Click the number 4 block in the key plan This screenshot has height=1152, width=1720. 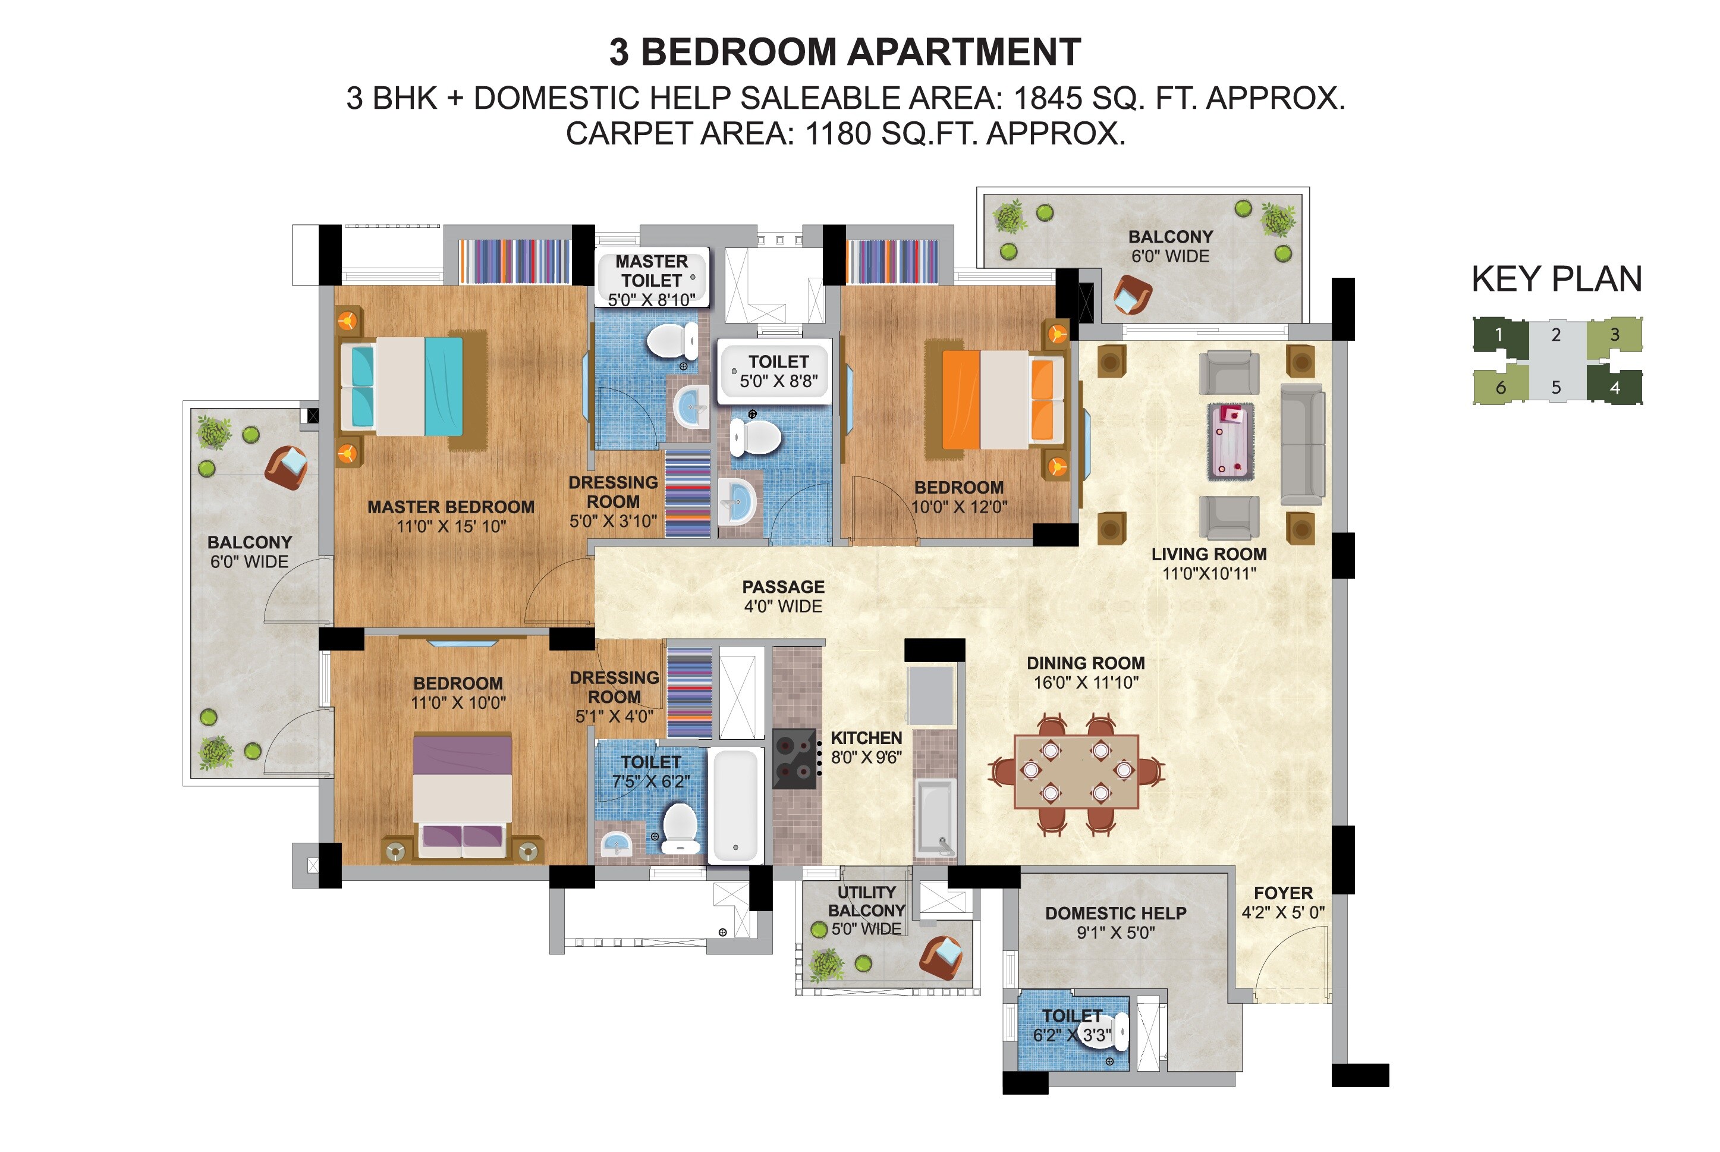click(x=1614, y=387)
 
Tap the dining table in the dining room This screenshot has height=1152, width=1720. click(x=1076, y=771)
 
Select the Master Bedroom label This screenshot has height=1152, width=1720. click(x=450, y=507)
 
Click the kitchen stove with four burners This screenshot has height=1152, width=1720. click(x=795, y=759)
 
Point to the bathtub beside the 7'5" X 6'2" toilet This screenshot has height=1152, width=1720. click(x=735, y=805)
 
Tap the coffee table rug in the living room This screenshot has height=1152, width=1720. click(x=1230, y=442)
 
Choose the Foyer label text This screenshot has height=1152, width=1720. click(x=1282, y=893)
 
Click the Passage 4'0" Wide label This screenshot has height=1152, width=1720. click(x=783, y=597)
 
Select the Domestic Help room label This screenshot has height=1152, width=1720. click(x=1115, y=914)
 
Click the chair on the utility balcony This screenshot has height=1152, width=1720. click(x=942, y=956)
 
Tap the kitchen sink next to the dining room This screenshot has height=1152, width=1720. click(x=933, y=818)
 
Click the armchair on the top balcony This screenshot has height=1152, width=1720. click(x=1131, y=294)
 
